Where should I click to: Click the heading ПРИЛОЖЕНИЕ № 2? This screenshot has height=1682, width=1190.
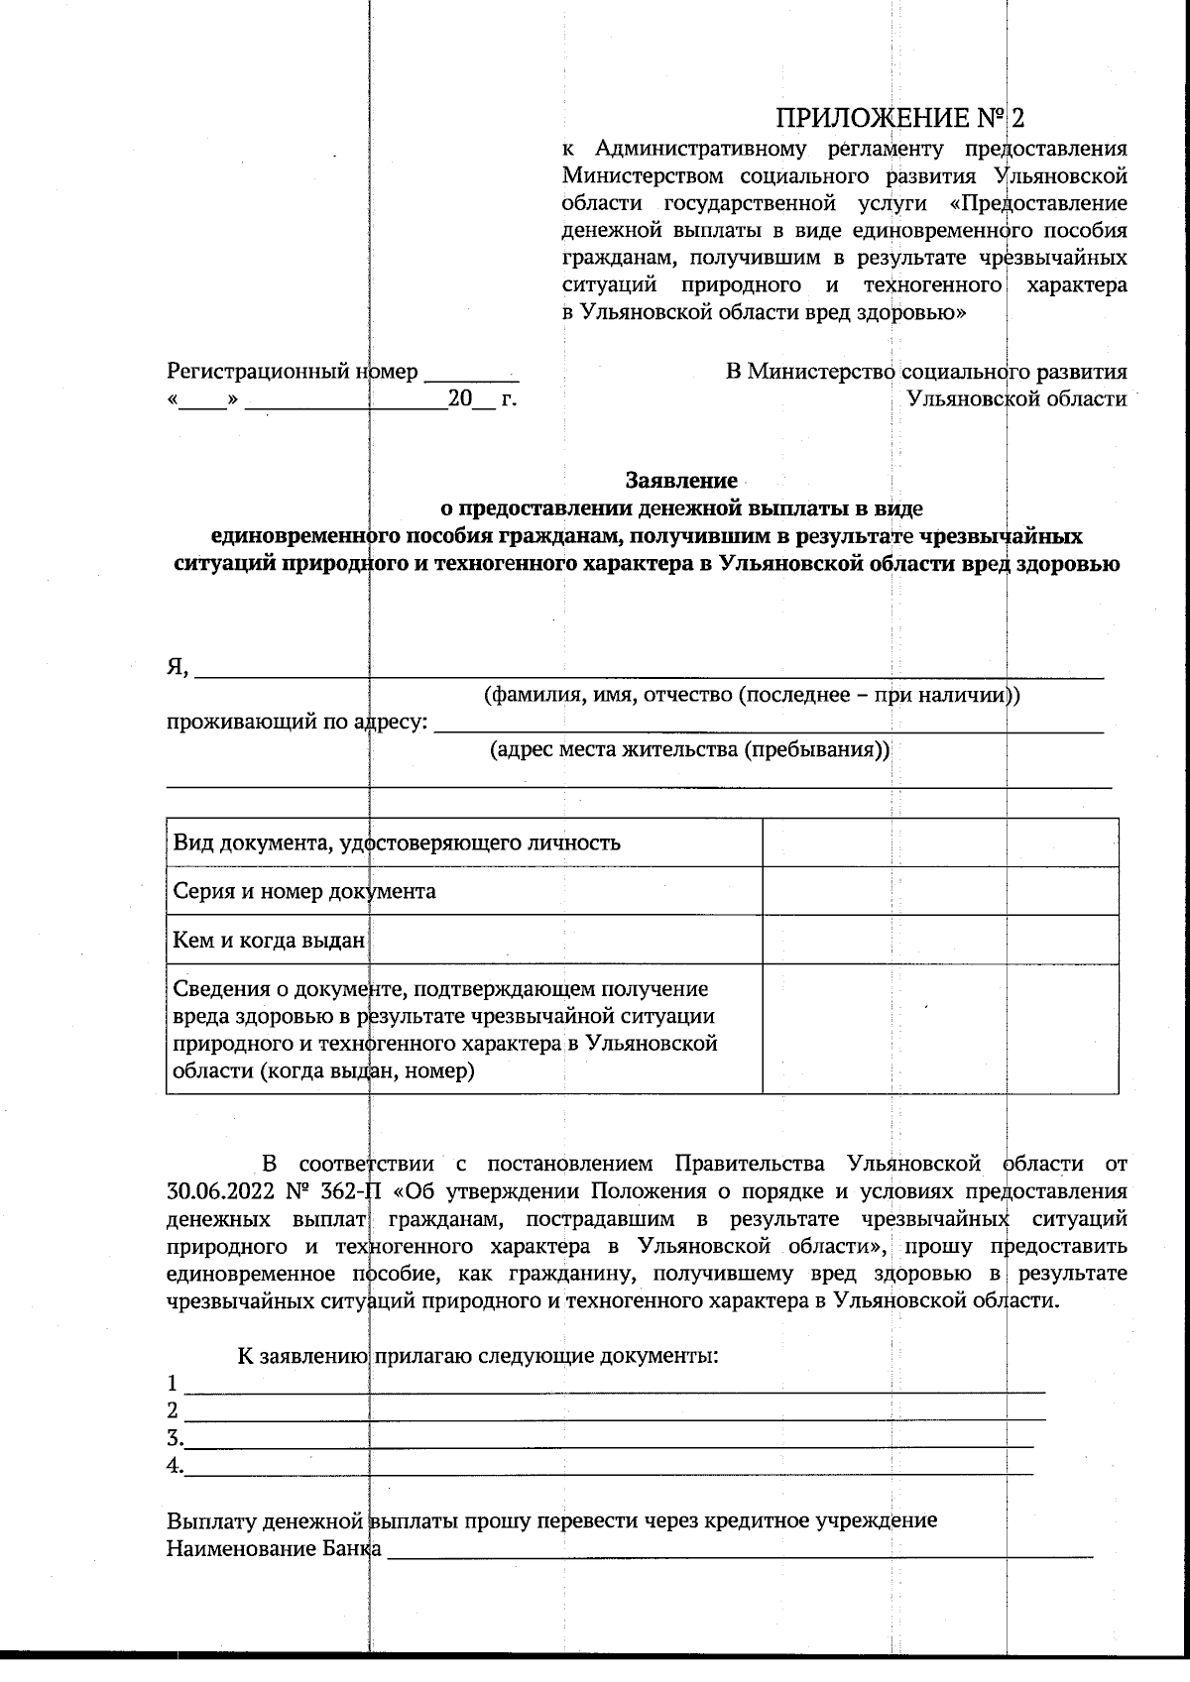pyautogui.click(x=898, y=119)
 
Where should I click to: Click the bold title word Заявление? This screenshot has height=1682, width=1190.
pyautogui.click(x=681, y=481)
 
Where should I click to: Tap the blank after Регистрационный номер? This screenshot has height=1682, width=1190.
pyautogui.click(x=471, y=375)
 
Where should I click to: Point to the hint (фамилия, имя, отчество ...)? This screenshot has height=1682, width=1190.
pyautogui.click(x=751, y=695)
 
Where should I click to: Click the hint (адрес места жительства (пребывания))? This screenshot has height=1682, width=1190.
pyautogui.click(x=690, y=750)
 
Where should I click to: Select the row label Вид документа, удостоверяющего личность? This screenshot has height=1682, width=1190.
pyautogui.click(x=397, y=843)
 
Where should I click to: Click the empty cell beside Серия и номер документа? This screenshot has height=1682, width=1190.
pyautogui.click(x=940, y=891)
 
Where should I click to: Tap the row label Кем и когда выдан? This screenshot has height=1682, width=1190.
pyautogui.click(x=269, y=940)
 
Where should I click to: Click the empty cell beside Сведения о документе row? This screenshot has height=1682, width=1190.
pyautogui.click(x=940, y=1029)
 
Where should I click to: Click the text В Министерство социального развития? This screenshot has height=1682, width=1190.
pyautogui.click(x=926, y=373)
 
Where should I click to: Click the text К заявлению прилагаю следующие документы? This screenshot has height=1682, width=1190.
pyautogui.click(x=477, y=1355)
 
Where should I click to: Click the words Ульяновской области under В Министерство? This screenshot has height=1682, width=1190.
pyautogui.click(x=1016, y=399)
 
